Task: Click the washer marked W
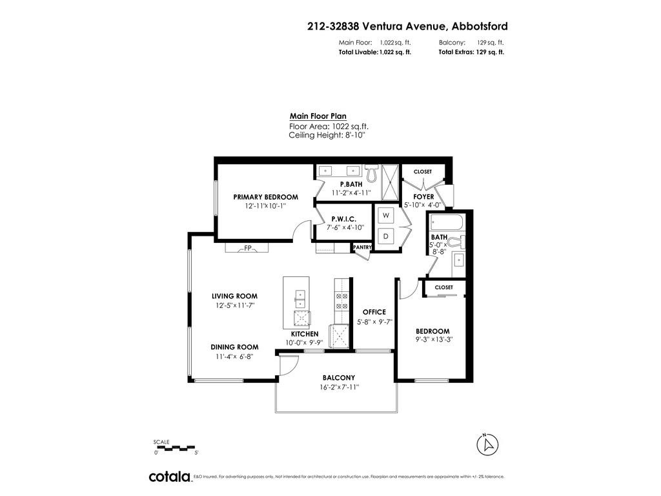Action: (385, 215)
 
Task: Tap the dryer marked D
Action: (385, 236)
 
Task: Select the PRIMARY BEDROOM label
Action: (265, 197)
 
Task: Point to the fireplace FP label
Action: (247, 248)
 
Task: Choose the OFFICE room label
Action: (374, 312)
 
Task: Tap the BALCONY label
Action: (339, 378)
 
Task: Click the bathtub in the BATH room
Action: (447, 225)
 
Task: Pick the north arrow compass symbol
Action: (489, 444)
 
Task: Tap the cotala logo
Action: (170, 477)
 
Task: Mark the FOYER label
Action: (423, 196)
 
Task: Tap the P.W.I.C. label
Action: (344, 218)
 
